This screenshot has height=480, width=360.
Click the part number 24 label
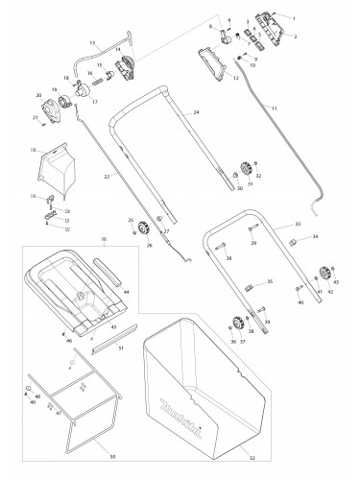tap(196, 113)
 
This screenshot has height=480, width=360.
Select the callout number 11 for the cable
tap(275, 135)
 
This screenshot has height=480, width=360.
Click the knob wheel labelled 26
tap(146, 228)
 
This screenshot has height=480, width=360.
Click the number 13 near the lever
tap(93, 42)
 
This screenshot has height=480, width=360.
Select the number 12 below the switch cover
tap(234, 77)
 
